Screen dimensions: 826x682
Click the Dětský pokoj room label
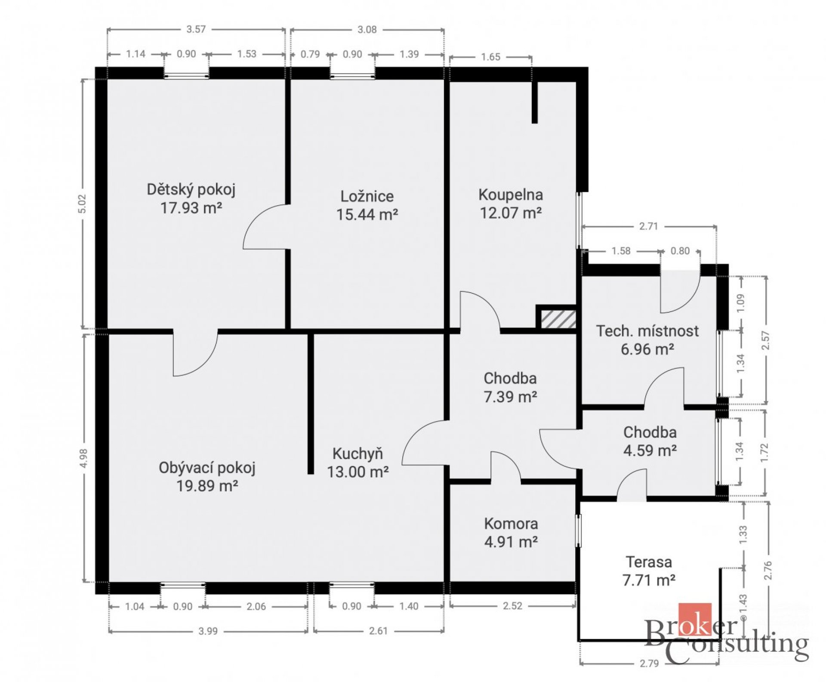pos(191,190)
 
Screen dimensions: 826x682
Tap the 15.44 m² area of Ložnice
pos(367,214)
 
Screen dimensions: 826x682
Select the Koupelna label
pos(511,195)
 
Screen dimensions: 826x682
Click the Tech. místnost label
pos(647,331)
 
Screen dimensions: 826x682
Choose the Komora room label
pos(511,524)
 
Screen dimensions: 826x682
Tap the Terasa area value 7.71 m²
pos(649,580)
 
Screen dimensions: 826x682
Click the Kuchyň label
pos(358,454)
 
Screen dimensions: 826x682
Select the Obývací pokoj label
pos(207,468)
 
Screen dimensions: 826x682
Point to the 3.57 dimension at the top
pos(196,29)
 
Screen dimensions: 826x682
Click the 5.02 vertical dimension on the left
pos(83,204)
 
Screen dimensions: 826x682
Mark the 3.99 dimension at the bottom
pos(208,631)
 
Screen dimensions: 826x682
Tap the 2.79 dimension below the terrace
pos(649,663)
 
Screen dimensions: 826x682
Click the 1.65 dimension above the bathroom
pos(490,57)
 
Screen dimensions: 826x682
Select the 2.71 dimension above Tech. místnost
pos(648,226)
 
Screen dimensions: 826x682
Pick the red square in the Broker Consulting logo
pos(695,620)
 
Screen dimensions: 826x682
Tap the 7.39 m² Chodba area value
pos(510,397)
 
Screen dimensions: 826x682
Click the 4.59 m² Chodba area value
pos(650,451)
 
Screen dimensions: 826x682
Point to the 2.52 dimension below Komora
pos(512,606)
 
